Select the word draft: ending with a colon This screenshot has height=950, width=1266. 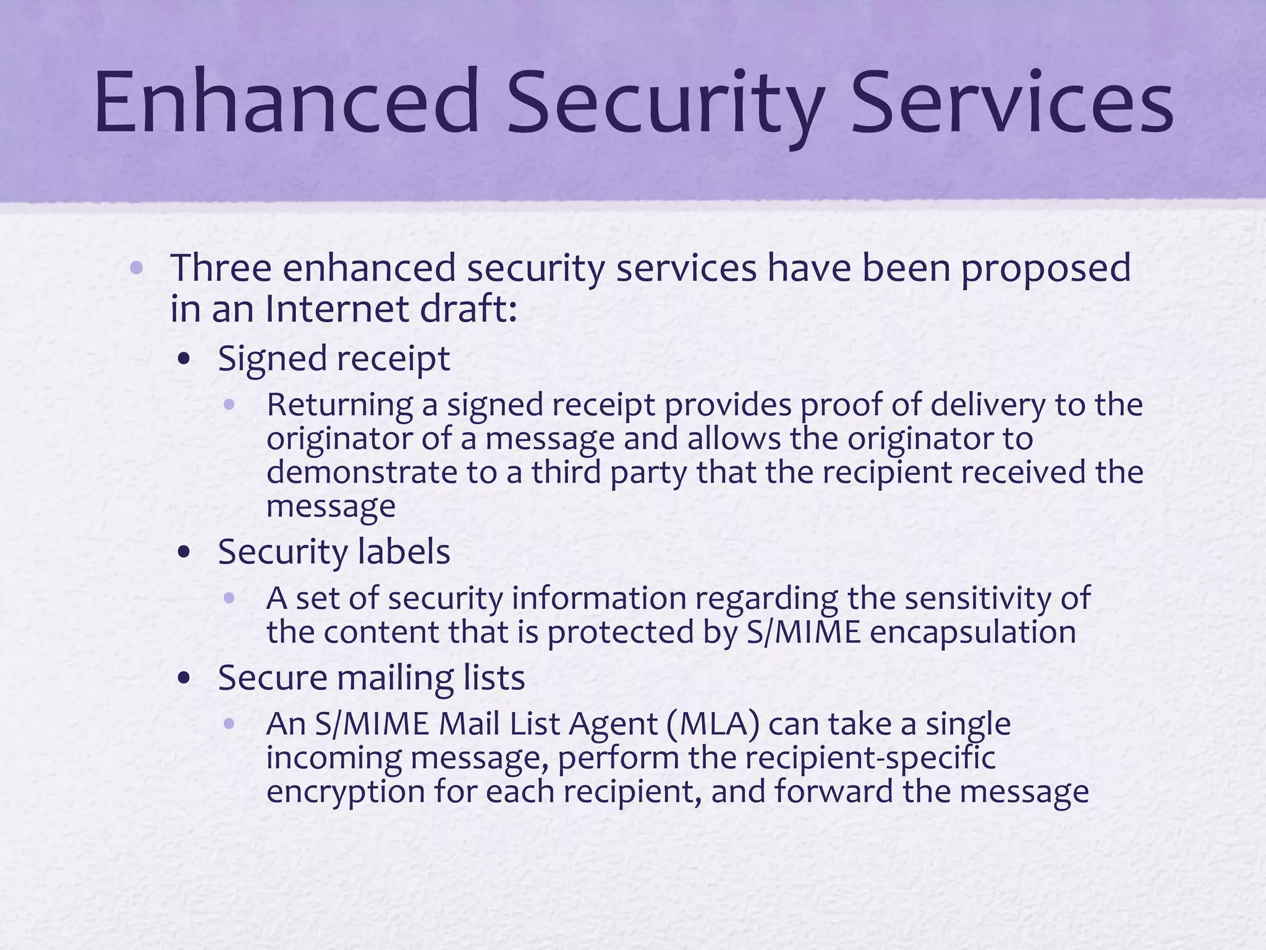coord(468,309)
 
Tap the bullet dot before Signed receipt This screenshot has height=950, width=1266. coord(184,359)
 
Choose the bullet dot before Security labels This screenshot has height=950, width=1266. coord(184,552)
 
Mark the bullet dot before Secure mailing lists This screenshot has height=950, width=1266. coord(184,678)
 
